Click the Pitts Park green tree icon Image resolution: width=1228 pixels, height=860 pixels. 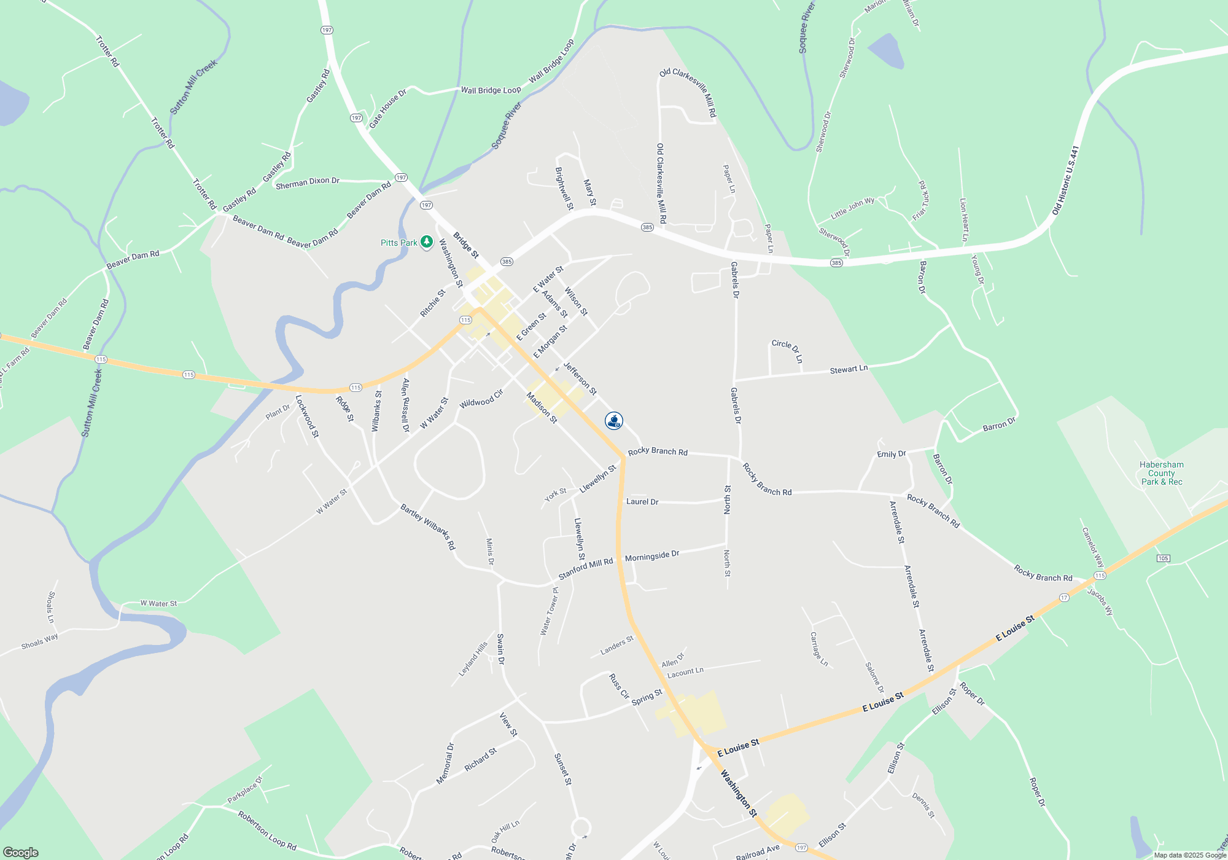point(426,242)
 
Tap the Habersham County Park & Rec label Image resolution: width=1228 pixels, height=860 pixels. point(1162,473)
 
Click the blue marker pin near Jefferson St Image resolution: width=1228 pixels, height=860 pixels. point(613,421)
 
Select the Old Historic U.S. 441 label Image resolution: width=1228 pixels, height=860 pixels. point(1065,180)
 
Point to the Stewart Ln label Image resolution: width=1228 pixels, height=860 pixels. point(849,369)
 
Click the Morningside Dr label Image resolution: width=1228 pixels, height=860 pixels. point(652,556)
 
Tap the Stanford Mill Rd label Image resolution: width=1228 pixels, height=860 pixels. point(585,569)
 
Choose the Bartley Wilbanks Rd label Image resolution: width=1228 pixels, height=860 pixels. point(428,526)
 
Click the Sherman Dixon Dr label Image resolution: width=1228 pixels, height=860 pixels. point(307,182)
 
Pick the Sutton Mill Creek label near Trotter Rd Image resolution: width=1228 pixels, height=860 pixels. point(193,87)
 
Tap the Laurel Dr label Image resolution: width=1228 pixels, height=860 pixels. point(642,502)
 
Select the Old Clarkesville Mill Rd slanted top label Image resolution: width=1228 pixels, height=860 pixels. point(688,92)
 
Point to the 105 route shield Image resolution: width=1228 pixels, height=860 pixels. point(1163,558)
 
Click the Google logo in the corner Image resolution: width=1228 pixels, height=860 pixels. point(21,852)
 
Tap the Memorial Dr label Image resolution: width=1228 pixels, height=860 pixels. point(445,764)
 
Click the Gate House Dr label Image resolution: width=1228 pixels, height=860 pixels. point(387,109)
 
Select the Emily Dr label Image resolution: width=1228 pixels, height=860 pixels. point(892,454)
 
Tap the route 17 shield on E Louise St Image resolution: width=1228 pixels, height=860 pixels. point(1064,598)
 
